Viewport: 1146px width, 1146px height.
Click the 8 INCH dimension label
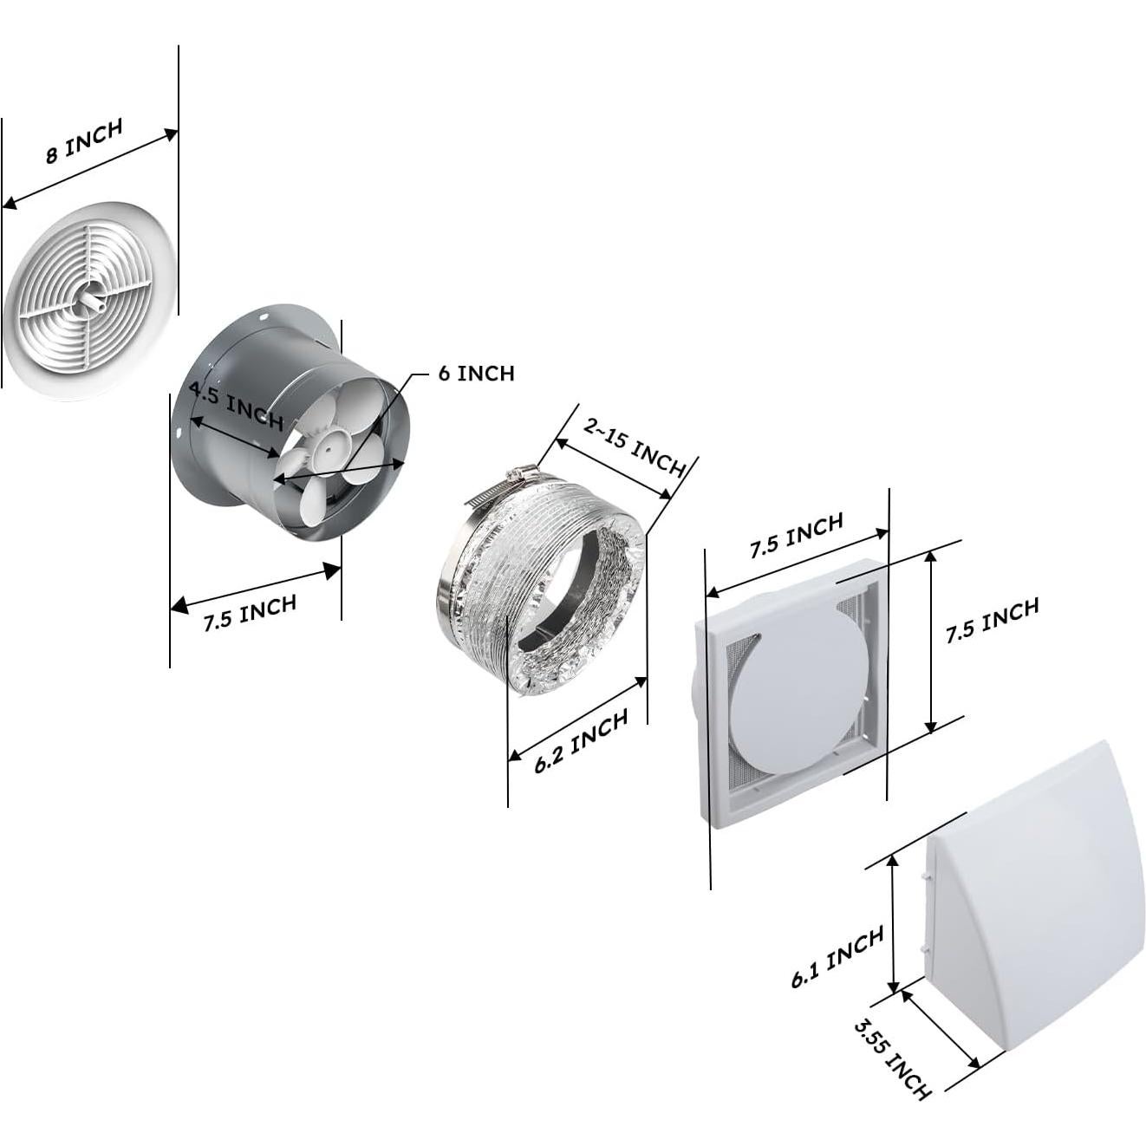click(84, 141)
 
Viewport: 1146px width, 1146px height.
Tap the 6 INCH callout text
click(476, 373)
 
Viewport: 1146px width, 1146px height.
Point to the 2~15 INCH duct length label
click(635, 447)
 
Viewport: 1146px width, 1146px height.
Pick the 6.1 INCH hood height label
click(837, 956)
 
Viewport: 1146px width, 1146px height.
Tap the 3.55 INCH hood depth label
click(892, 1060)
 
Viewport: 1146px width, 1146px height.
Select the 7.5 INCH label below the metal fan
click(250, 612)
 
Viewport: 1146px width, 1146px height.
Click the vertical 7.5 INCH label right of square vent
click(992, 620)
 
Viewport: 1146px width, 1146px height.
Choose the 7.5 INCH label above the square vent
click(796, 535)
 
